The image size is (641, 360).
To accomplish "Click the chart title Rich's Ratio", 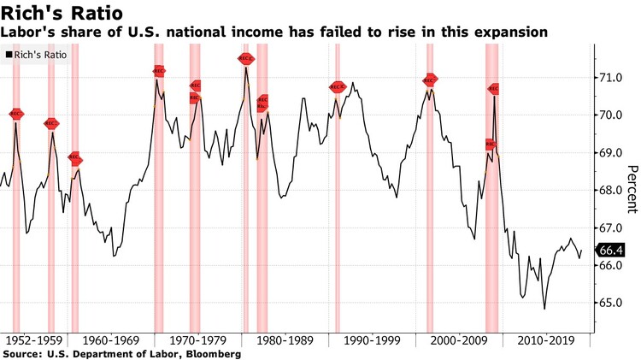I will [x=61, y=14].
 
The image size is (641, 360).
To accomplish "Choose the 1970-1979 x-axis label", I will [x=197, y=340].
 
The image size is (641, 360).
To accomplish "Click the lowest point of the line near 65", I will [x=544, y=309].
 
